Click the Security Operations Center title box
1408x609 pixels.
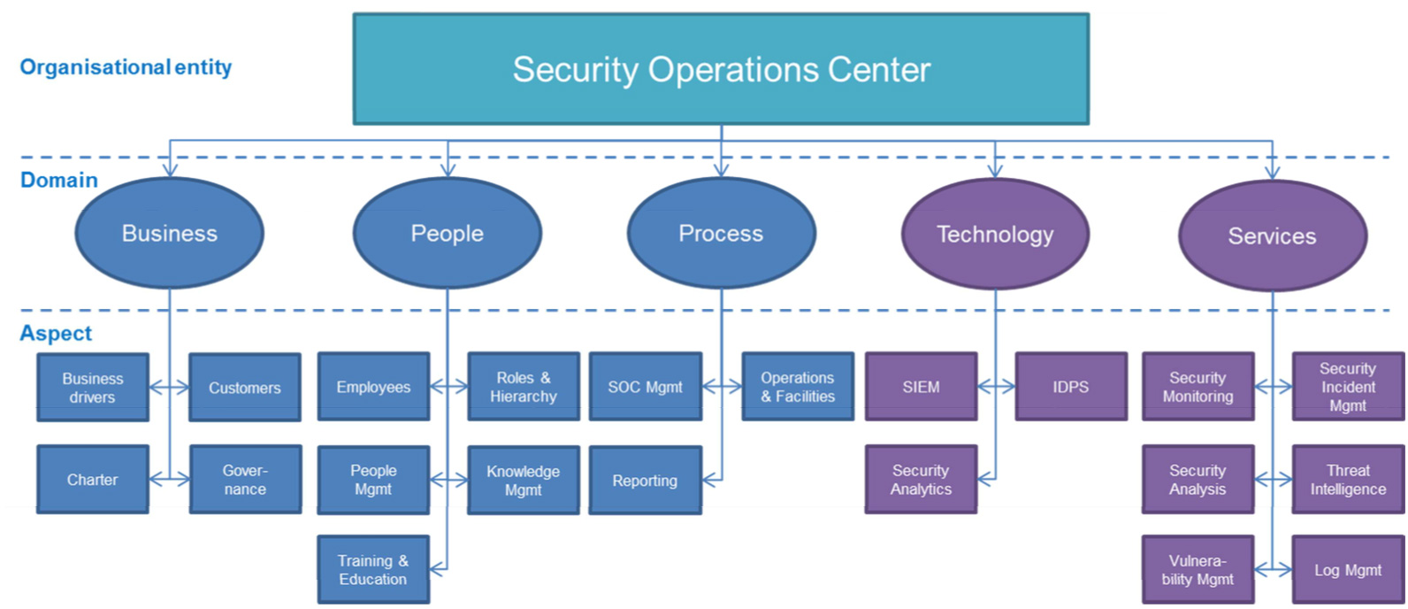pyautogui.click(x=721, y=69)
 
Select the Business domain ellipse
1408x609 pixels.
pyautogui.click(x=169, y=234)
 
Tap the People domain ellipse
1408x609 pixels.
pyautogui.click(x=447, y=234)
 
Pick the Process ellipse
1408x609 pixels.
pyautogui.click(x=721, y=234)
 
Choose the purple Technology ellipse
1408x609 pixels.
pyautogui.click(x=995, y=235)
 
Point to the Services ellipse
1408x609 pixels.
pyautogui.click(x=1272, y=236)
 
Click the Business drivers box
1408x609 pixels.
pyautogui.click(x=92, y=388)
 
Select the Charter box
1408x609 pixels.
pyautogui.click(x=92, y=480)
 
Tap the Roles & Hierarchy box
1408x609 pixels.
pyautogui.click(x=524, y=388)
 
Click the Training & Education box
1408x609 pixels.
pyautogui.click(x=373, y=570)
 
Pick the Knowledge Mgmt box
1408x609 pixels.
pyautogui.click(x=524, y=481)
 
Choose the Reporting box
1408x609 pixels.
pyautogui.click(x=645, y=481)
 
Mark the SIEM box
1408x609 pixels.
pyautogui.click(x=921, y=387)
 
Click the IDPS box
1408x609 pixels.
pyautogui.click(x=1070, y=387)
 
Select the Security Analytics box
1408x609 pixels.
pyautogui.click(x=921, y=480)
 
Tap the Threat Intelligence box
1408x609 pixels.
pyautogui.click(x=1348, y=480)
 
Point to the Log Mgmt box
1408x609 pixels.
pyautogui.click(x=1348, y=570)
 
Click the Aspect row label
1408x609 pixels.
pyautogui.click(x=56, y=334)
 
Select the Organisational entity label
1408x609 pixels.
pyautogui.click(x=126, y=67)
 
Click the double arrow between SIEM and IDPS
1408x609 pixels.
pyautogui.click(x=996, y=387)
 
